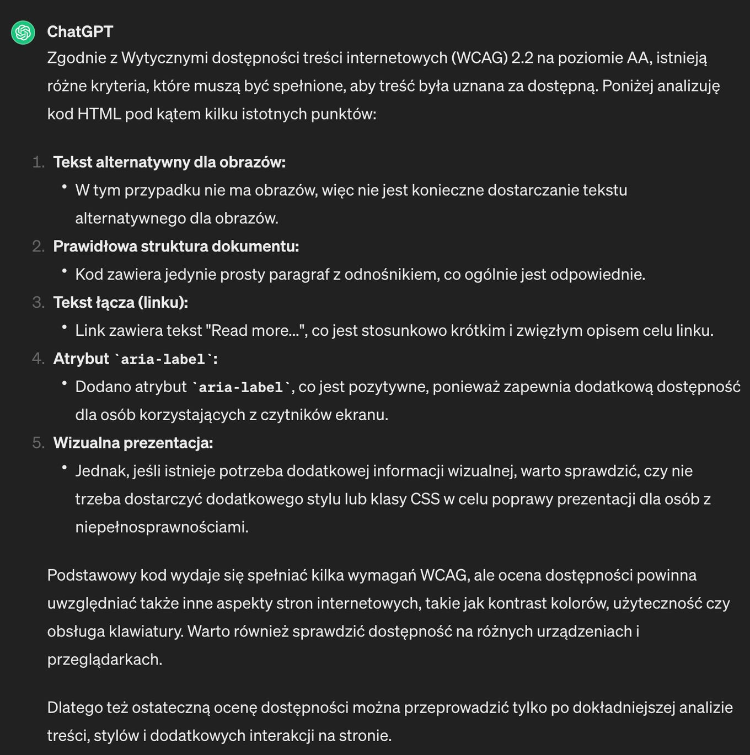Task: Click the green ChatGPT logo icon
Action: tap(23, 33)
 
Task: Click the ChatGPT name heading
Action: tap(80, 32)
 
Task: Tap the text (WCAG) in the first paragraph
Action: tap(479, 58)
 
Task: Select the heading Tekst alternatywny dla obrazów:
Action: tap(169, 162)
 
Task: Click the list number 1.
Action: tap(37, 162)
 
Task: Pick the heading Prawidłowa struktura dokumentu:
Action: tap(176, 246)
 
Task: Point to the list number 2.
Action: tap(37, 246)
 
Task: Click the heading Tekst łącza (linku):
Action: tap(120, 302)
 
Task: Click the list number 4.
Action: tap(37, 358)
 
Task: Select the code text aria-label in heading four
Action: tap(163, 360)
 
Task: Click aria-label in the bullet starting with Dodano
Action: tap(241, 388)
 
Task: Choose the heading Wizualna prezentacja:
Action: tap(133, 442)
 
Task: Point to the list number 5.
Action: tap(37, 442)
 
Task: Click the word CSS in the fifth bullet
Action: tap(425, 499)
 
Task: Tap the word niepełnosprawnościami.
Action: tap(162, 527)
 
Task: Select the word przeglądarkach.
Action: tap(104, 660)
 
